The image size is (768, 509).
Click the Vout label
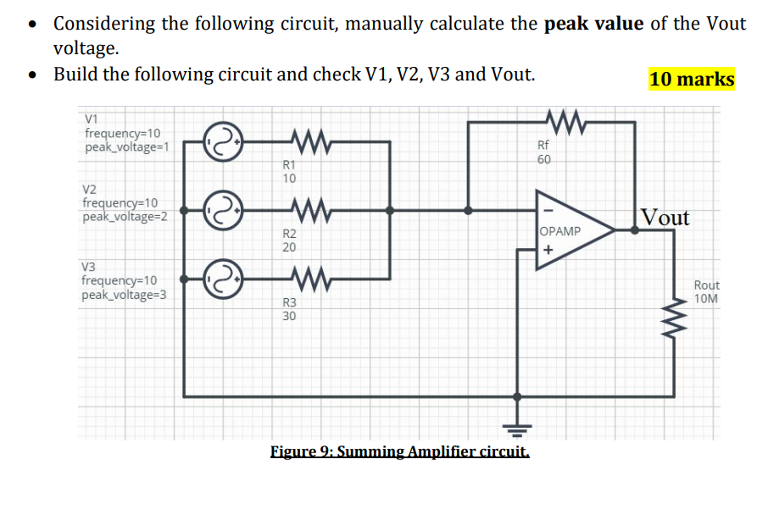[x=665, y=218]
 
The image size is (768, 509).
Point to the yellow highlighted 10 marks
[x=692, y=79]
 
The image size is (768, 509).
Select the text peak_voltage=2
[x=125, y=216]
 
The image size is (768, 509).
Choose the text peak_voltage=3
[x=124, y=296]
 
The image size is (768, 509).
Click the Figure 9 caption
[x=400, y=451]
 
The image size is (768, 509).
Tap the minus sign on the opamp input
[x=548, y=209]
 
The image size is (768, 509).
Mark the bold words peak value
[x=593, y=23]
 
